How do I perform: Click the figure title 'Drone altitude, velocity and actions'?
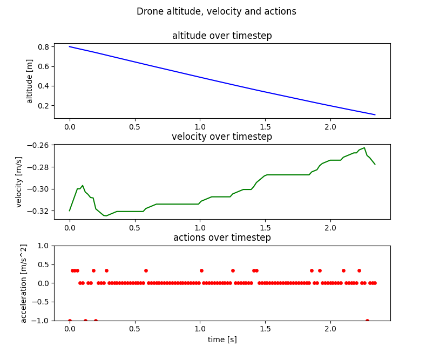point(216,11)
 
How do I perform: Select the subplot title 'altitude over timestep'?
point(222,36)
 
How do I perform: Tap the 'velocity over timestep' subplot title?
point(222,137)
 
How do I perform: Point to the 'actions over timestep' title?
point(222,237)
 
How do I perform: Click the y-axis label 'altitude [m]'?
point(30,81)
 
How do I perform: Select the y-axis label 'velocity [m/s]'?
point(19,182)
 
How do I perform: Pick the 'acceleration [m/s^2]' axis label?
point(23,283)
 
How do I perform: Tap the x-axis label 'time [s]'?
point(222,339)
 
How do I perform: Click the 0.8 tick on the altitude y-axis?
point(43,47)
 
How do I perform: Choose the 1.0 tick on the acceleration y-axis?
point(43,246)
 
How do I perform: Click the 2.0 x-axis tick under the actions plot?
point(330,329)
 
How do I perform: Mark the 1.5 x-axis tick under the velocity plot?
point(265,228)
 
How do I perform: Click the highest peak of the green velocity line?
point(364,147)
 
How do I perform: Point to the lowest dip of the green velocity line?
point(106,216)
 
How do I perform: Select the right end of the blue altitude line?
point(375,114)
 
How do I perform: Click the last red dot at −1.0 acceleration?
point(367,321)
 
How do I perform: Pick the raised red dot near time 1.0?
point(201,270)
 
